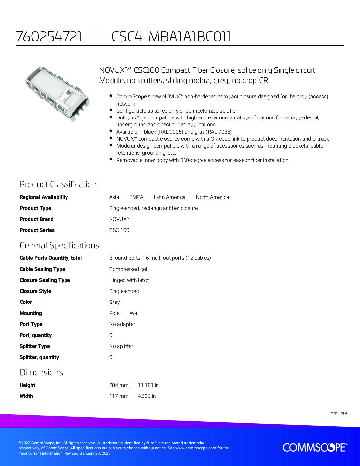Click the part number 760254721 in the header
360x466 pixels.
coord(49,37)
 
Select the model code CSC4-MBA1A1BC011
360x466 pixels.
coord(172,37)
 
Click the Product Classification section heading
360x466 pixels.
coord(58,184)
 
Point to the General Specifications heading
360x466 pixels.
coord(59,245)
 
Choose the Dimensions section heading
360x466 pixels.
coord(41,372)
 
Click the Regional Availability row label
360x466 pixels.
coord(43,197)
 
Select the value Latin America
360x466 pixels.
coord(169,197)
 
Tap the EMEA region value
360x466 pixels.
coord(136,197)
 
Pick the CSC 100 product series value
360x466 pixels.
coord(119,230)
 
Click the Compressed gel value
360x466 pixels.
coord(128,269)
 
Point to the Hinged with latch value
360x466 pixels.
coord(129,280)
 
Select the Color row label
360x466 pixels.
coord(26,302)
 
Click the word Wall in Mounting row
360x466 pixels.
coord(134,313)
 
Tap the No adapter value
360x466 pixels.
coord(122,324)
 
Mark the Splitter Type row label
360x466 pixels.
coord(34,346)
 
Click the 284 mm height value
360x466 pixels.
coord(119,385)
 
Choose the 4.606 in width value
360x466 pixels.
coord(147,396)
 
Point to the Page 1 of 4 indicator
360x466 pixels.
coord(338,413)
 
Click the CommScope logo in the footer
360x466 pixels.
coord(315,448)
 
